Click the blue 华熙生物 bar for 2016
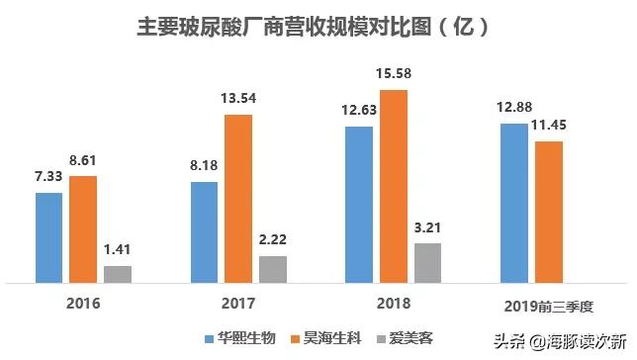(x=49, y=237)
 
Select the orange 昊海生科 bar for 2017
(x=238, y=198)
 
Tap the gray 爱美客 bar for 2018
(x=428, y=262)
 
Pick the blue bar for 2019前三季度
(x=513, y=202)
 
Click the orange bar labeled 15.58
(x=394, y=186)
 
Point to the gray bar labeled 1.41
(x=118, y=273)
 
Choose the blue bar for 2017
(x=204, y=231)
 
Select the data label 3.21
(x=429, y=228)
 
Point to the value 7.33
(x=48, y=175)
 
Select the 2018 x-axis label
(x=393, y=303)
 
